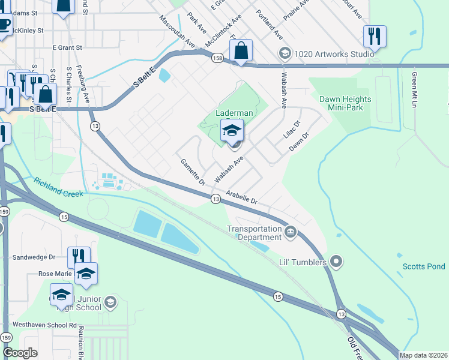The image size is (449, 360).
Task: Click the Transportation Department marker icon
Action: point(291,231)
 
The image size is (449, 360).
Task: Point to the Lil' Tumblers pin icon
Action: point(336,262)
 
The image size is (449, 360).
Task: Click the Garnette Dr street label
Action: point(193,172)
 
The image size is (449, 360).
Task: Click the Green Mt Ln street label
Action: point(414,89)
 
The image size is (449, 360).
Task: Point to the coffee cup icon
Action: point(4,24)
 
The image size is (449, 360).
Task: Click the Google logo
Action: point(20,353)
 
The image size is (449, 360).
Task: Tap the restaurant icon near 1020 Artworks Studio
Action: point(375,35)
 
